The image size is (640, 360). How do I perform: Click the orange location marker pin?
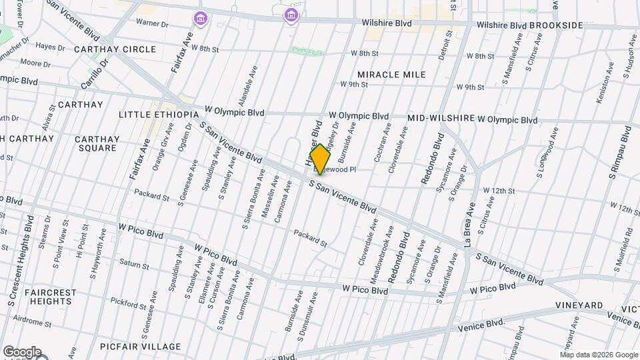point(320,160)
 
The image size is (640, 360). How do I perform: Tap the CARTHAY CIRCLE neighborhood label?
point(115,49)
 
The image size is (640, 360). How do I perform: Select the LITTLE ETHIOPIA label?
point(159,115)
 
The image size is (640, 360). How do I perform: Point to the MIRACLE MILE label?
point(391,75)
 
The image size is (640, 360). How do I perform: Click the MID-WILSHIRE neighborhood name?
point(441,118)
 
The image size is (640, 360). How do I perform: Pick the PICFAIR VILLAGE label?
point(141,347)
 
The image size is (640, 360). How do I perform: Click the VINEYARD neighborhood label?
point(579,305)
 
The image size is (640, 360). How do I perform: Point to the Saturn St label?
point(135,265)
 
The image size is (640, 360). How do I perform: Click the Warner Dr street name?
point(153,23)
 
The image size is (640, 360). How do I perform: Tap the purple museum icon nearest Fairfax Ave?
point(199,17)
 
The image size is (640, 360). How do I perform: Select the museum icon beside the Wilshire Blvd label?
point(290,15)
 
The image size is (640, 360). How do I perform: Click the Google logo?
point(21,352)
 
